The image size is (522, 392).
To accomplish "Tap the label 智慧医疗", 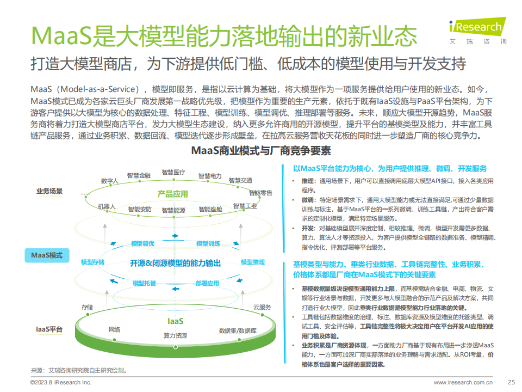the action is (173, 172).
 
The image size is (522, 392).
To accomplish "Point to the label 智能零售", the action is (260, 193).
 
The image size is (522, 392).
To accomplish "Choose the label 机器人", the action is (107, 207).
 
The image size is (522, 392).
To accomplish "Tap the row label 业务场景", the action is (49, 191).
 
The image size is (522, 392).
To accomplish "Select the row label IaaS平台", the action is (49, 329).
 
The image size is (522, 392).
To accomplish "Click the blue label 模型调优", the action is (142, 243).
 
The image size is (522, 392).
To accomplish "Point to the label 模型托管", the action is (144, 283).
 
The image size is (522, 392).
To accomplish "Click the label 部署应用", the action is (207, 283).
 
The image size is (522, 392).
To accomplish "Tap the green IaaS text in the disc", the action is (175, 321).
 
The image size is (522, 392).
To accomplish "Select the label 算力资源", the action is (175, 335).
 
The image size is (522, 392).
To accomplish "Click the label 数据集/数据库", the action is (238, 330).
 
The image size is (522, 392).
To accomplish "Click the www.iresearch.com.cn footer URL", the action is (463, 382).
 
